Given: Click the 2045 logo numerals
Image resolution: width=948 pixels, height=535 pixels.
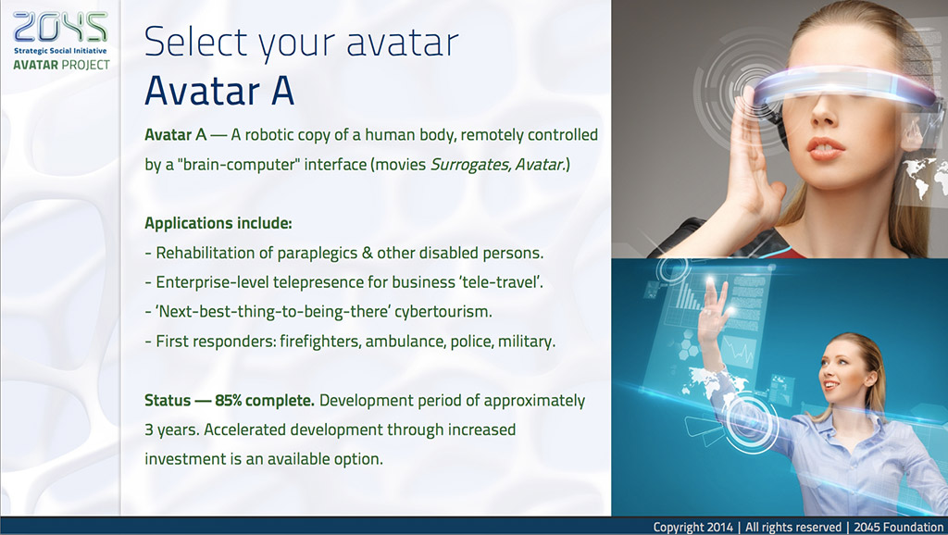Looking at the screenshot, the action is point(60,28).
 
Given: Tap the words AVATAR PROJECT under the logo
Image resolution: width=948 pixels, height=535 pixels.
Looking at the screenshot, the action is point(62,65).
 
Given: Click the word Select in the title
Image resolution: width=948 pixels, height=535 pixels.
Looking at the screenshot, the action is point(196,42).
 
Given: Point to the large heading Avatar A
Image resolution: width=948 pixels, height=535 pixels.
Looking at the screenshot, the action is point(219,91).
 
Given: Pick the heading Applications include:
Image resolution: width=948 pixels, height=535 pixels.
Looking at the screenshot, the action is point(218,223).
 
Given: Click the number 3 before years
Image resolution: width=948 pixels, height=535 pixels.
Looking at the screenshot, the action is point(149,429).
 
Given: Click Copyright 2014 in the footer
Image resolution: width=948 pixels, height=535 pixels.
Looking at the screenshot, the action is point(692,528).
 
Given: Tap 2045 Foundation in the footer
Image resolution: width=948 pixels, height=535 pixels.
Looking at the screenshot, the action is point(899,528).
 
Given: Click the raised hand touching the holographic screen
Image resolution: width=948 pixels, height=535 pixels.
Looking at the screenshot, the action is point(714,308).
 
